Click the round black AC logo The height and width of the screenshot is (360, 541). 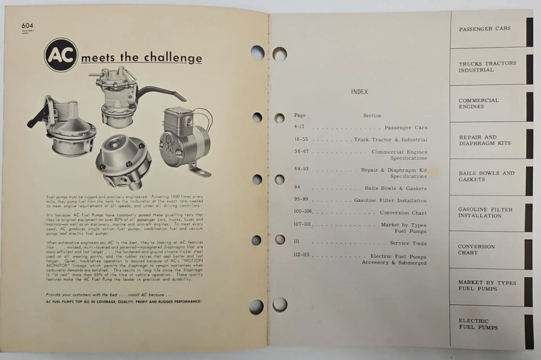(61, 55)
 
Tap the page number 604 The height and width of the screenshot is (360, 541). (28, 25)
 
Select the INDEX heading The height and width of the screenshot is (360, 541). (360, 91)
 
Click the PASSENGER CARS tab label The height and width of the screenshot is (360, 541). (484, 29)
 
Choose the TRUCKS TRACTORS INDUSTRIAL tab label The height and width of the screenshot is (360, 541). (487, 67)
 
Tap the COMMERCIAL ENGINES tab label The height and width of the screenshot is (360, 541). (478, 104)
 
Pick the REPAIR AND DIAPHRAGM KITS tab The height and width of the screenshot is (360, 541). (484, 140)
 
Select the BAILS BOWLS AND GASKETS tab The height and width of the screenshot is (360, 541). (486, 176)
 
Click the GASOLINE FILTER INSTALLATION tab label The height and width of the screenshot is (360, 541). (485, 212)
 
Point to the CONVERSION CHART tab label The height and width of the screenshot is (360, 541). (476, 250)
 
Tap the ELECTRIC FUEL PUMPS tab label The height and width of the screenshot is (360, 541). (478, 324)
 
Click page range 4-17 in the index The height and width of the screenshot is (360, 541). (300, 127)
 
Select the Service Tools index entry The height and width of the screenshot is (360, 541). (408, 243)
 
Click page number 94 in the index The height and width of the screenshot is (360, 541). (297, 188)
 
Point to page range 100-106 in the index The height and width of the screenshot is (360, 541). (303, 212)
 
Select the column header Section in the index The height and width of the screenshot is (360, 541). (372, 115)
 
